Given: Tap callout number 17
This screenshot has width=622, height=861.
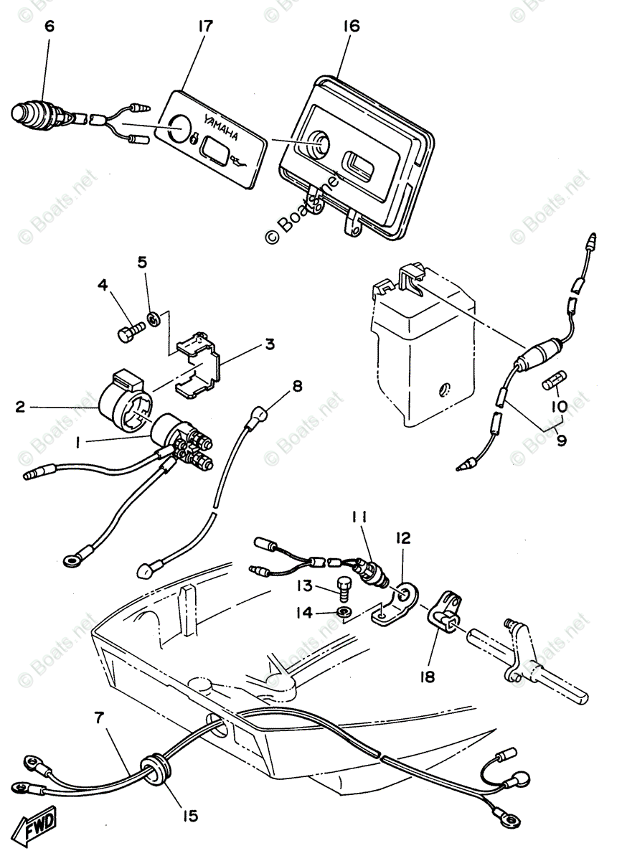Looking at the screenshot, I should coord(205,27).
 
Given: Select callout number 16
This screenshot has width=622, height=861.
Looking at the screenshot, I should coord(351,27).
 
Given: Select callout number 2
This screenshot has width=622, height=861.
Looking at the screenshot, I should coord(20,407).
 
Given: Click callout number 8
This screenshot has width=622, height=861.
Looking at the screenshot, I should coord(296,386).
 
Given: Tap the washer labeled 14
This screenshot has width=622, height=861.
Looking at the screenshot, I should coord(345,611).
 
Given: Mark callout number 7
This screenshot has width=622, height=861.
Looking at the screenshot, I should coord(100,716).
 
